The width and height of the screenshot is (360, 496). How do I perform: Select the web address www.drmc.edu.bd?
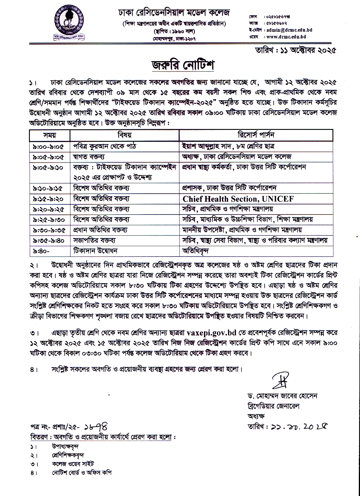[x=286, y=37]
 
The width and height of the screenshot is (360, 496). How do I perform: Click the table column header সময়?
[x=50, y=135]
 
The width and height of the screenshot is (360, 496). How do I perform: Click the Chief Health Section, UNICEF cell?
[x=238, y=199]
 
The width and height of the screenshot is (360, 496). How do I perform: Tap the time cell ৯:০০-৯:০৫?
[x=48, y=146]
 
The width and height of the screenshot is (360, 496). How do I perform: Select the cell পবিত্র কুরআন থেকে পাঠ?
[x=105, y=146]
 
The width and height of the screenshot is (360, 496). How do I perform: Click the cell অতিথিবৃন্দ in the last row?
[x=196, y=250]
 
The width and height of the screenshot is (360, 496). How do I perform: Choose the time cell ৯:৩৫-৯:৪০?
[x=48, y=240]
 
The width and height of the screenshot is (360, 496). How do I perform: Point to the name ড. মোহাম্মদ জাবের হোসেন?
[x=281, y=396]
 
